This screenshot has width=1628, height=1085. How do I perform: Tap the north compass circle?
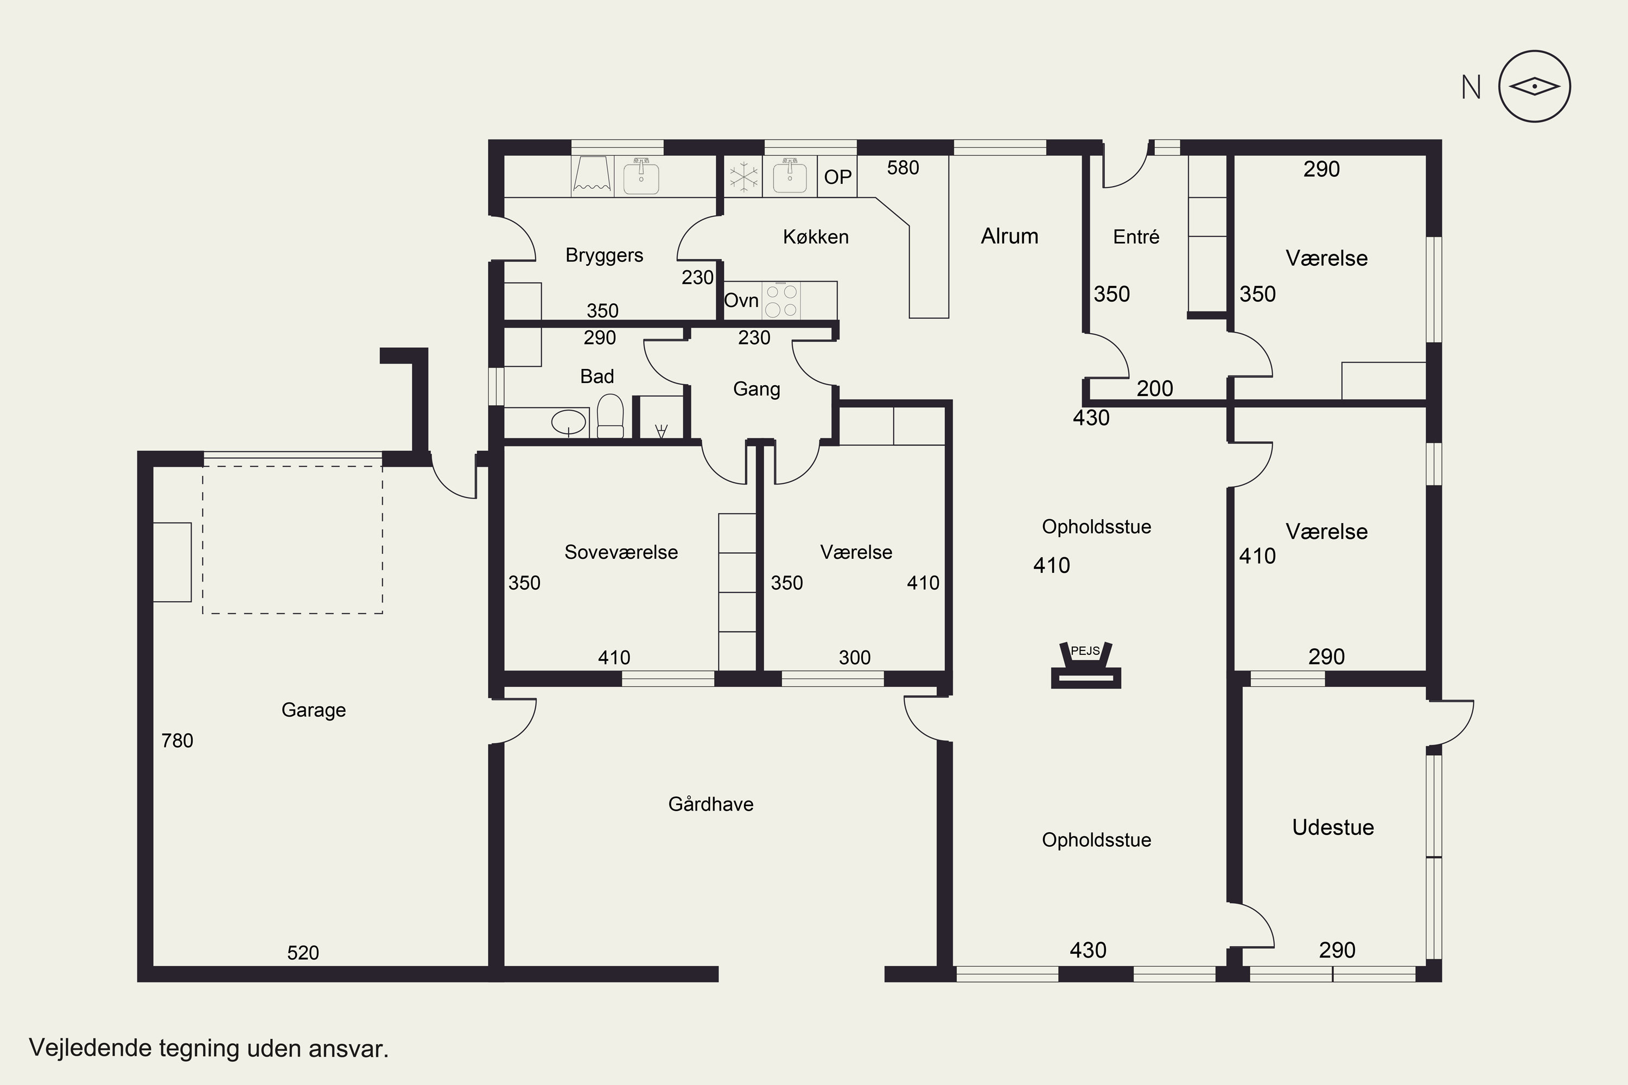1534,86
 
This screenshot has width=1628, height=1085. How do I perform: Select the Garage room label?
314,710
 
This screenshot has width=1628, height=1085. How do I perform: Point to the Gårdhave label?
711,803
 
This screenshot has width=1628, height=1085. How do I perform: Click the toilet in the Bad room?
610,416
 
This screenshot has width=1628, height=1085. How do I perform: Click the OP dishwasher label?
837,177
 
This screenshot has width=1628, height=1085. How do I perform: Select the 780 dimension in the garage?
177,741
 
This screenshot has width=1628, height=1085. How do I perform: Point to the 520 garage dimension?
303,953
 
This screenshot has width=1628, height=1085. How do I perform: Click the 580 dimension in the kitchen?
904,168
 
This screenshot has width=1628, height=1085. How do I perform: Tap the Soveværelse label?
621,552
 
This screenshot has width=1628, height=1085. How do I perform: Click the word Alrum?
1010,237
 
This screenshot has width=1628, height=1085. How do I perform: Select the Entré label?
1136,237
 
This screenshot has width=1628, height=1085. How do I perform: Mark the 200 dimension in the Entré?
1155,389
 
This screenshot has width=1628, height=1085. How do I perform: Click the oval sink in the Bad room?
569,421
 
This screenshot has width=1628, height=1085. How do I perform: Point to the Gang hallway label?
756,390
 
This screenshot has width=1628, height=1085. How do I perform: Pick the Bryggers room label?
605,256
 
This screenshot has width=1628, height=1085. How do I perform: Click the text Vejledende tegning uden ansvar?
209,1048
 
